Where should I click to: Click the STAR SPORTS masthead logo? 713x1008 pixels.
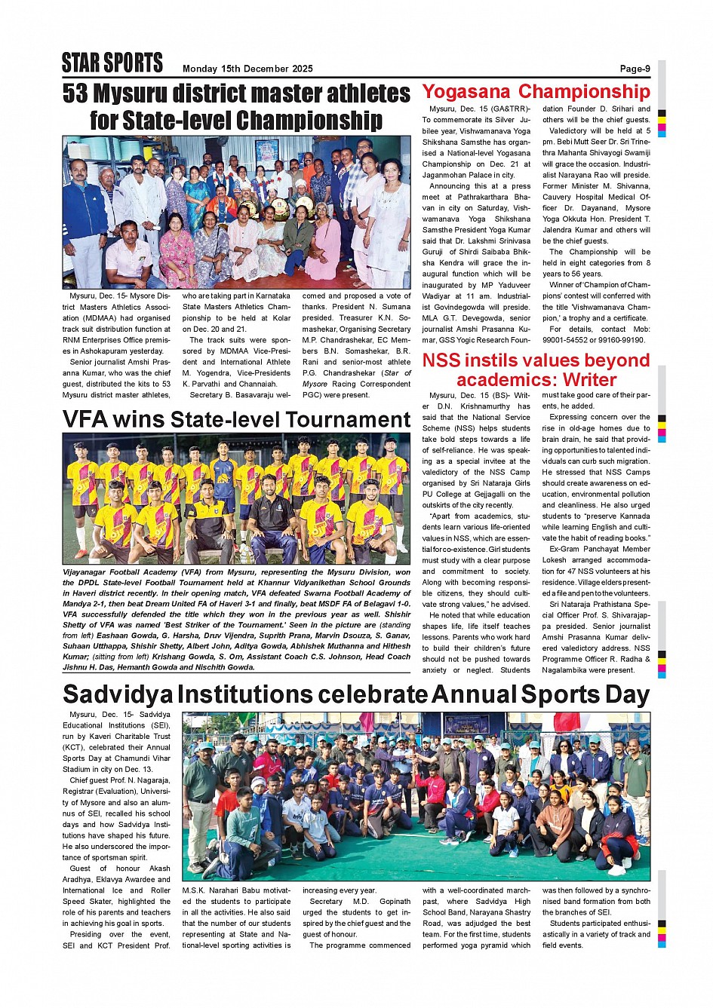[112, 63]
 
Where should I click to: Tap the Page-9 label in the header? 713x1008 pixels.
[635, 69]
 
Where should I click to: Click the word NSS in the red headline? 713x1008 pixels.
[443, 360]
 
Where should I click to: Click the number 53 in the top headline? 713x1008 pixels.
[75, 93]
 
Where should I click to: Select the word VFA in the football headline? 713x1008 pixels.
[87, 420]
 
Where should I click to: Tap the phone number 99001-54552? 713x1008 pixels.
[567, 341]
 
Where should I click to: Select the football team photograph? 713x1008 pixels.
[236, 499]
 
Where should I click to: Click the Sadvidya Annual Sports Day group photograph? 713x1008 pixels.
[416, 796]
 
